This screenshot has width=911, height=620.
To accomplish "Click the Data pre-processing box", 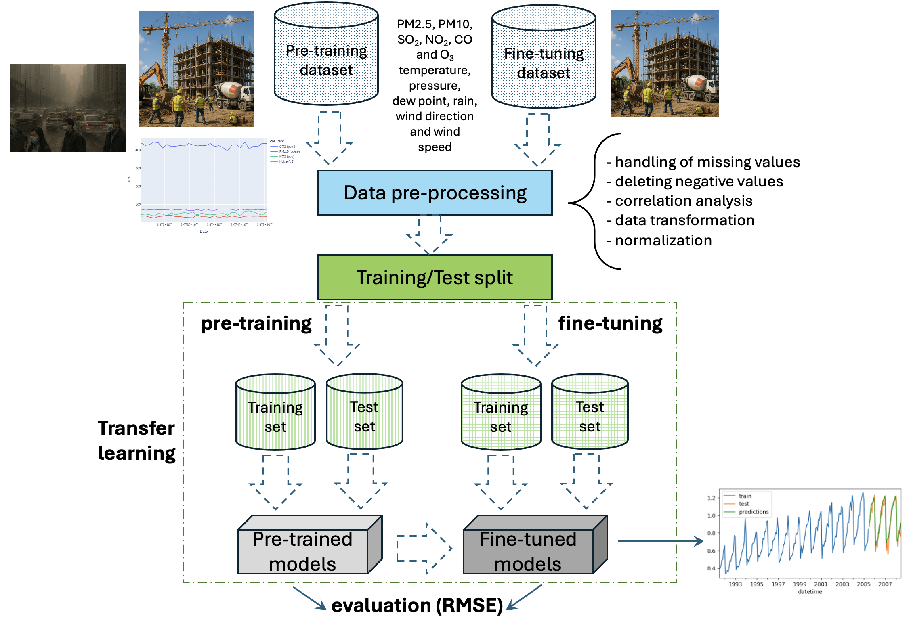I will (x=435, y=193).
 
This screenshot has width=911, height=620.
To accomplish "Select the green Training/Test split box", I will (x=435, y=277).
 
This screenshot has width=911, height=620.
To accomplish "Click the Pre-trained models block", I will (x=303, y=551).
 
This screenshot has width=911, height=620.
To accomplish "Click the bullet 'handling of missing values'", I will (x=707, y=162).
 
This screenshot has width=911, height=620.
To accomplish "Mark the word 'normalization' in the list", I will (x=663, y=241).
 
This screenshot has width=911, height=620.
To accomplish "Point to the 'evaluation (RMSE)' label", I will (x=417, y=605).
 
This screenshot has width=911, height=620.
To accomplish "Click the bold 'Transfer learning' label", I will (x=136, y=440).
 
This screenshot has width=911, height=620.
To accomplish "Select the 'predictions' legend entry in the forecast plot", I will (x=753, y=512).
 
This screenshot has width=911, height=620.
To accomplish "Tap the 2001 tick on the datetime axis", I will (x=821, y=584).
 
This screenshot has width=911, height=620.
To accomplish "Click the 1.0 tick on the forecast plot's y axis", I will (x=712, y=515).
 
